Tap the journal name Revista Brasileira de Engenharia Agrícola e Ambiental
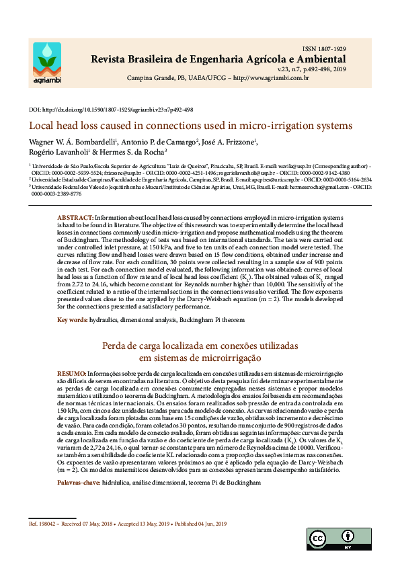coord(218,60)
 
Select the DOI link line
coord(111,110)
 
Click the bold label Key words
coord(72,319)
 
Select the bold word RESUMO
coord(71,373)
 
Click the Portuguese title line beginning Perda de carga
coord(200,346)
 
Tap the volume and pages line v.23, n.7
coord(312,69)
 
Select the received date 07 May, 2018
coord(106,524)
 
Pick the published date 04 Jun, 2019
coord(206,524)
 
